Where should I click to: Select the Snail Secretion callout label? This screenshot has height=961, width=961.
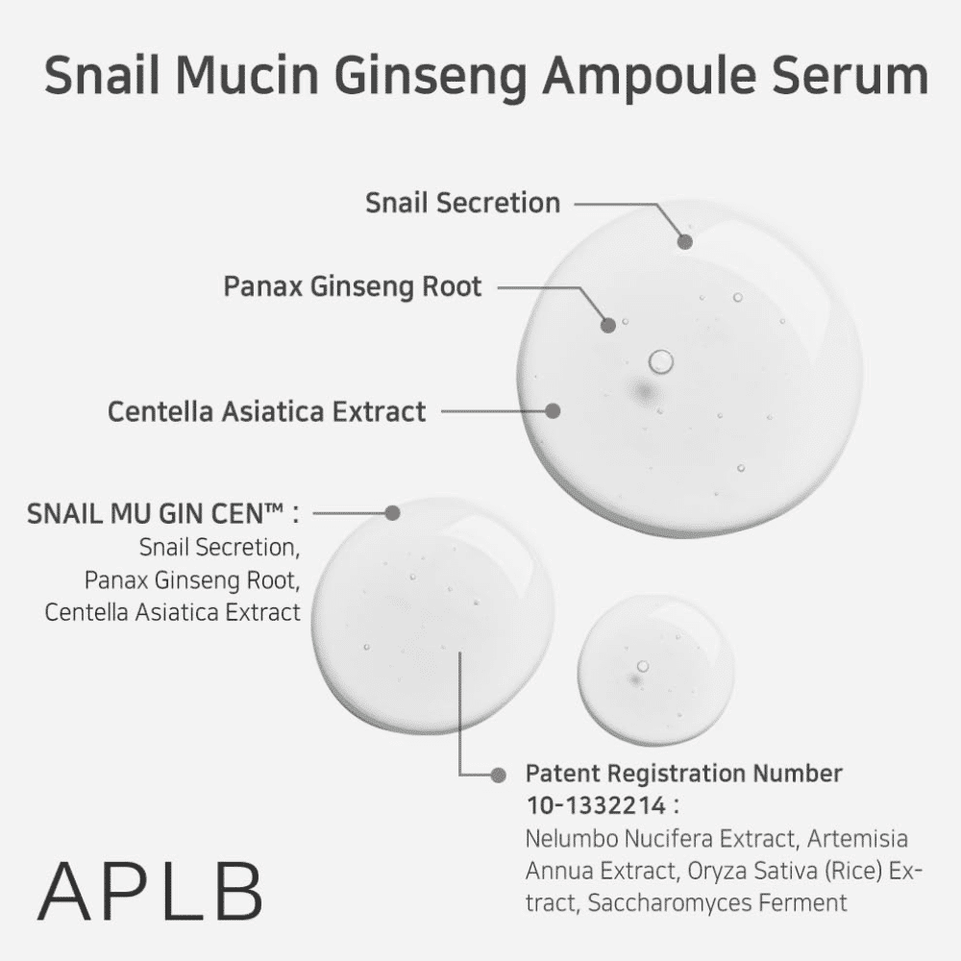[x=463, y=203]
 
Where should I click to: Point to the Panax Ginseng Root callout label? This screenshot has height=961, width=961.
[x=353, y=286]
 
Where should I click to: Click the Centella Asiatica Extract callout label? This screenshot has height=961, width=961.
[x=266, y=411]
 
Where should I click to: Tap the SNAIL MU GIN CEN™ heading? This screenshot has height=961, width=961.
[x=163, y=513]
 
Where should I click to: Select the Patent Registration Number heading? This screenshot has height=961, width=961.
[x=684, y=774]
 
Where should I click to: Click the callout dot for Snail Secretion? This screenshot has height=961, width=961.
[x=685, y=242]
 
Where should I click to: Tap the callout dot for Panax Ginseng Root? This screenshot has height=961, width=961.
[x=608, y=326]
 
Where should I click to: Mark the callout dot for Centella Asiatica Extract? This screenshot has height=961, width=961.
[x=553, y=410]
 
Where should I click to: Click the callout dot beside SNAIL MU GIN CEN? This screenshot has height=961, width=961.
[x=392, y=513]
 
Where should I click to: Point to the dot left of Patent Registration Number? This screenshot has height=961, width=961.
[x=498, y=776]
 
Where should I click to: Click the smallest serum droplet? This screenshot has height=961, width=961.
[x=655, y=670]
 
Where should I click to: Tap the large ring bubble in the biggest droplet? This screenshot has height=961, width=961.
[x=661, y=361]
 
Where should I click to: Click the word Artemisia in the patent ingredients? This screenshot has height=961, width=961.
[x=857, y=838]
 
